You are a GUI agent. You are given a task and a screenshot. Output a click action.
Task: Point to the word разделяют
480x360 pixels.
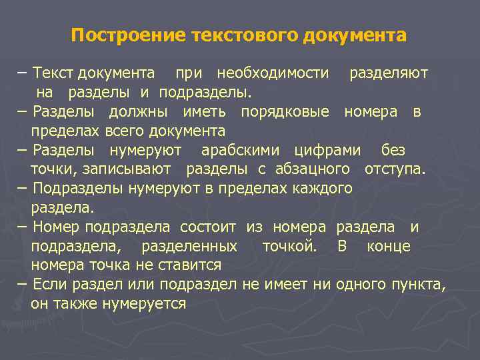[x=389, y=72]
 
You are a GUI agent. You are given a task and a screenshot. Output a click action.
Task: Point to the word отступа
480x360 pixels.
[x=395, y=169]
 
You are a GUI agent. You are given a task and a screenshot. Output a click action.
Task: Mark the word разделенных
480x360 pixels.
[x=189, y=246]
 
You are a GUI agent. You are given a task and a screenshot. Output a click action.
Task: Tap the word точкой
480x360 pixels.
[x=289, y=246]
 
